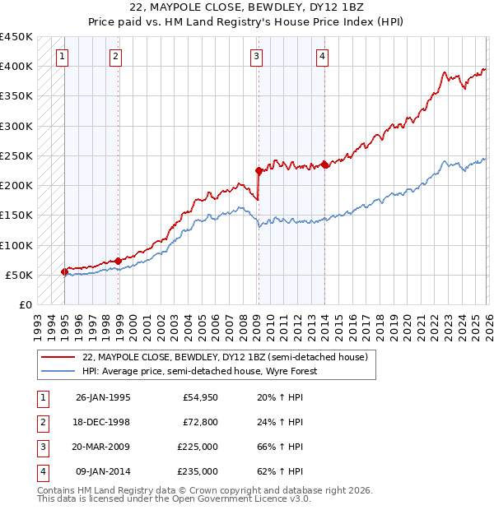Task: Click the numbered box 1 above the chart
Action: pyautogui.click(x=63, y=57)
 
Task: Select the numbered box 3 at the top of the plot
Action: pyautogui.click(x=257, y=57)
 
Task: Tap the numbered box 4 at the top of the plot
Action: pyautogui.click(x=322, y=57)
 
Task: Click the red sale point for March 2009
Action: pyautogui.click(x=259, y=171)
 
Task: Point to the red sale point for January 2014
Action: pyautogui.click(x=325, y=165)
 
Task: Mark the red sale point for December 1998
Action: pyautogui.click(x=119, y=261)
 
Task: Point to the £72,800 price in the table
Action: pyautogui.click(x=201, y=423)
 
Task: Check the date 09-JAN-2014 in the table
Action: pyautogui.click(x=103, y=473)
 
